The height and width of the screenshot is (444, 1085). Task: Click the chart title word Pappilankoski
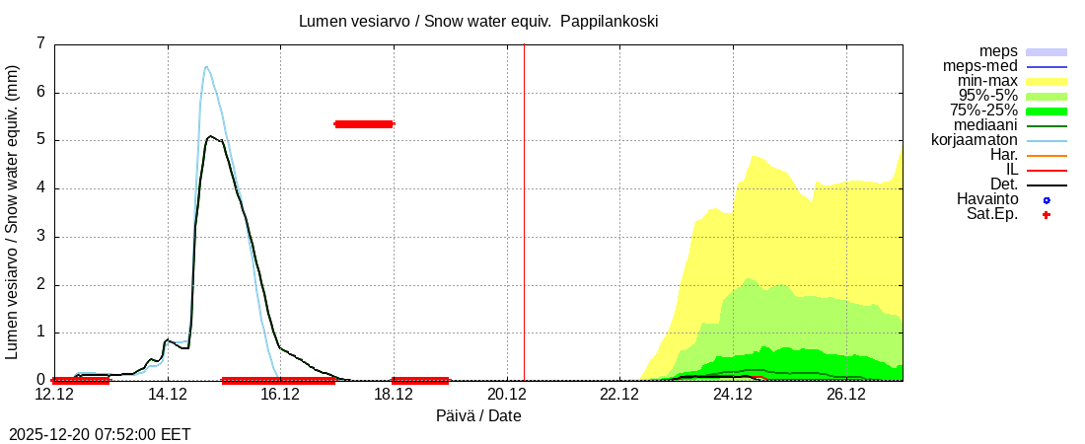(609, 21)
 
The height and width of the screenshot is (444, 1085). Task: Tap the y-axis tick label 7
(40, 43)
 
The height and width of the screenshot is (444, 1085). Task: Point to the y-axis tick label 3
(40, 237)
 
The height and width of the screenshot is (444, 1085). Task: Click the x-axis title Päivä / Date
(478, 416)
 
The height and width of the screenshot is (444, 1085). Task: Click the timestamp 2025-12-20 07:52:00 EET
(100, 434)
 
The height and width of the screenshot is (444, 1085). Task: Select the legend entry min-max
(987, 81)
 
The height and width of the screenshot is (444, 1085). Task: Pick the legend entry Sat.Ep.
(992, 214)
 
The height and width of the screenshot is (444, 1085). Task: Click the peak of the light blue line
(206, 67)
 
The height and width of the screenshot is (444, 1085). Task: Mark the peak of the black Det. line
(209, 136)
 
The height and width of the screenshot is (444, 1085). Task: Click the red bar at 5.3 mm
(364, 124)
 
